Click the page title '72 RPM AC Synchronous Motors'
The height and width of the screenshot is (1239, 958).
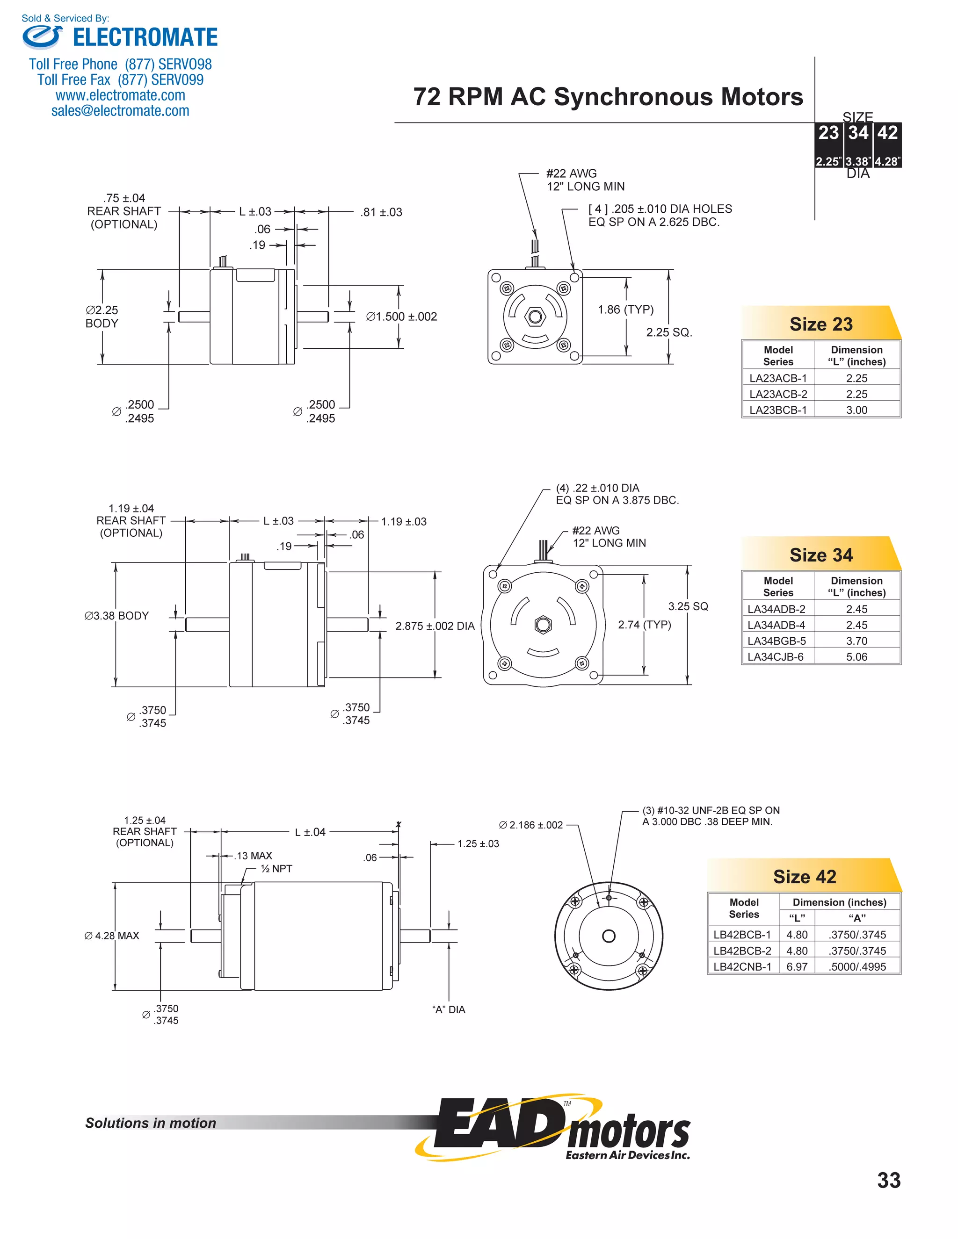(x=608, y=97)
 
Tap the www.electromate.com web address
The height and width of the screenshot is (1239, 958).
(x=120, y=95)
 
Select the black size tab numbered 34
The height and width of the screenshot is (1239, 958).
(x=858, y=133)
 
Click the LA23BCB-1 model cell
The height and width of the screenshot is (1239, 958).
(x=777, y=410)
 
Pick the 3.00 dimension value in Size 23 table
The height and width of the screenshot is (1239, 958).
(x=856, y=410)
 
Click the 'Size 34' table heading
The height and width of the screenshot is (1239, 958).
(x=820, y=555)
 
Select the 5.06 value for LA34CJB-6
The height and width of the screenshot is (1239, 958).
(x=856, y=657)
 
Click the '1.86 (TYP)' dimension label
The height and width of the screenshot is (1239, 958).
(x=625, y=310)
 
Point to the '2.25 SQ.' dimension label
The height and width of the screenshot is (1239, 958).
(x=669, y=332)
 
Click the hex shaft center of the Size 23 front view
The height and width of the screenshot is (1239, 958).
(x=535, y=317)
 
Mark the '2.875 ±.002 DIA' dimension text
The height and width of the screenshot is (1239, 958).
(x=435, y=626)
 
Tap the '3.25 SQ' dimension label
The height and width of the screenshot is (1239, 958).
(x=688, y=606)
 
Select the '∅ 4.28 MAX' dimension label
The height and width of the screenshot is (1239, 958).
(x=112, y=936)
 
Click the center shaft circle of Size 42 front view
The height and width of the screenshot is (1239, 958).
(x=609, y=936)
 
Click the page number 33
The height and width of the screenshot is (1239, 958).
(x=888, y=1181)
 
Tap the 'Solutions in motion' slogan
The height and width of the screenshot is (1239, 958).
(x=151, y=1123)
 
